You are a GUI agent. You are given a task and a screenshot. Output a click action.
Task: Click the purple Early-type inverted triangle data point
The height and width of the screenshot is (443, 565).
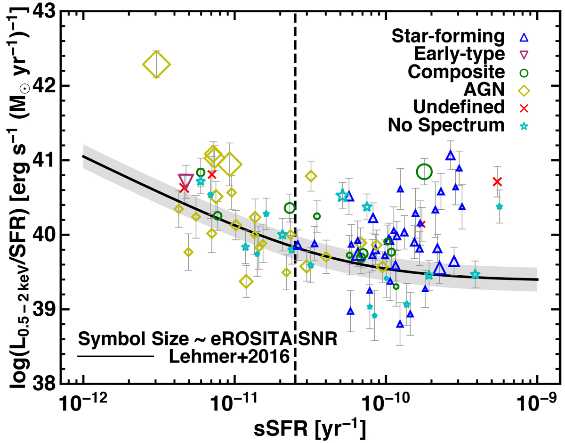click(186, 180)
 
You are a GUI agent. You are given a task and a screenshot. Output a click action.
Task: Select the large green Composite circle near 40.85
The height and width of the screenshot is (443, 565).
click(424, 172)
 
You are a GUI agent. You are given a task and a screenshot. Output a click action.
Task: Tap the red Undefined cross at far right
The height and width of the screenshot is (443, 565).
click(497, 181)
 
